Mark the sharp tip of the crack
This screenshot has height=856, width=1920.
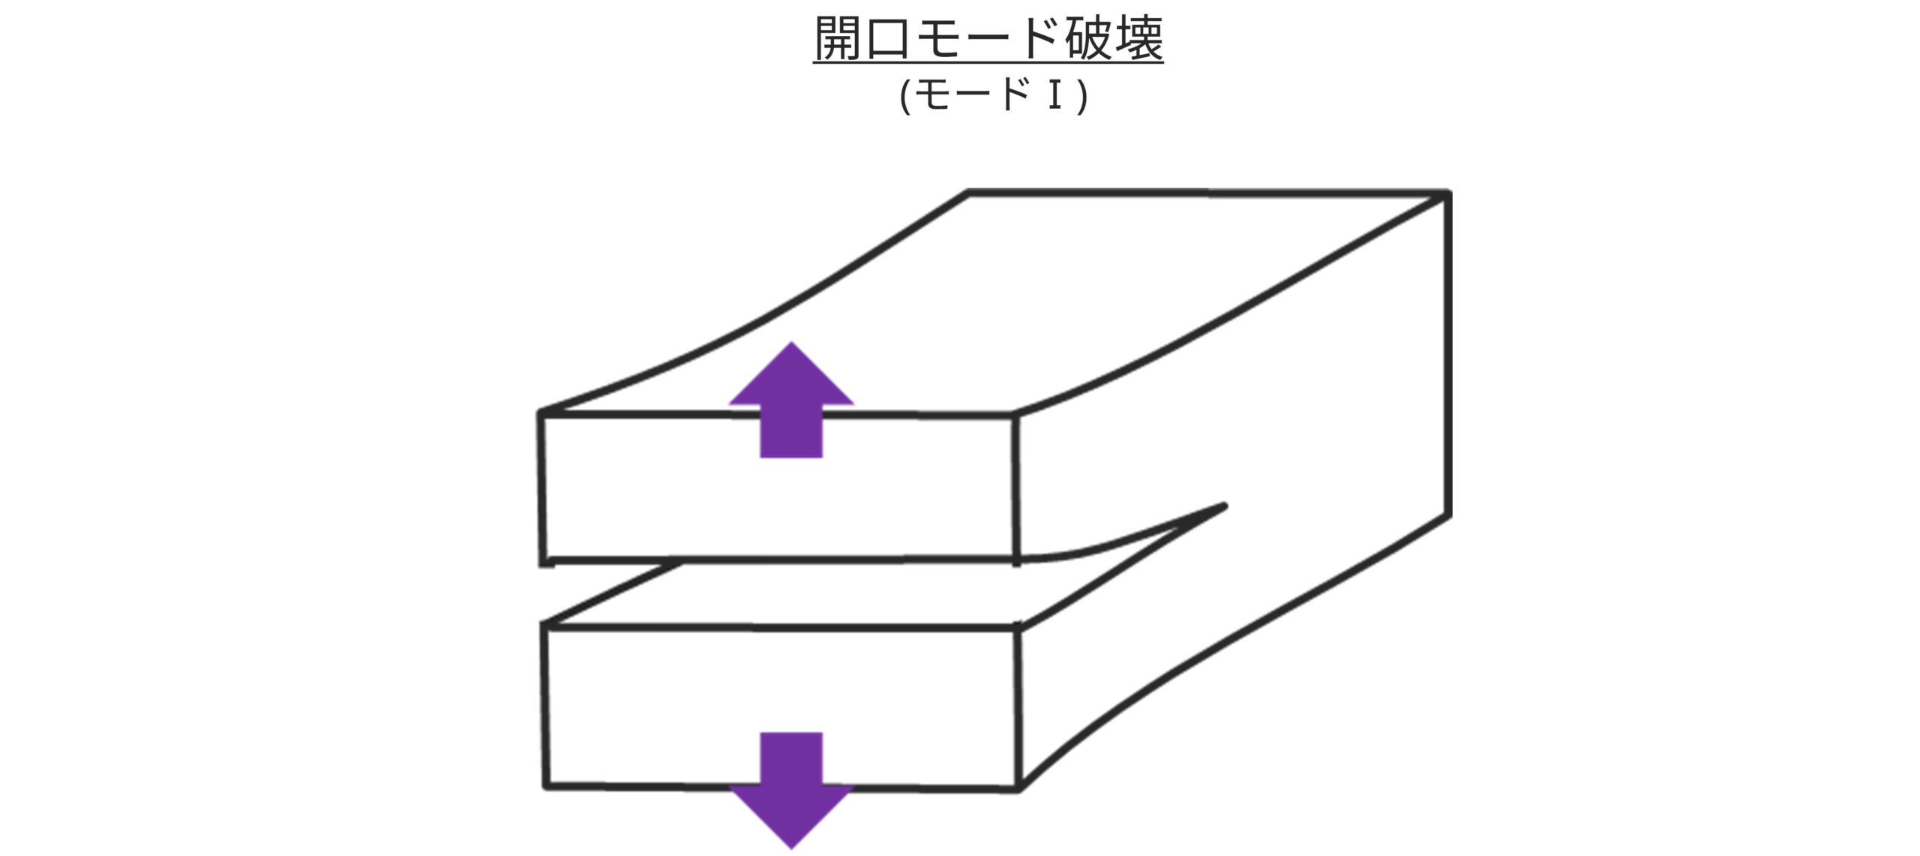tap(1224, 506)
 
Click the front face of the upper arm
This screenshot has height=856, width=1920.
tap(780, 495)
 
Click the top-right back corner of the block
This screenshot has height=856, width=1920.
tap(1447, 194)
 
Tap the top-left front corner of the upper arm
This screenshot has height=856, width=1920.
tap(541, 413)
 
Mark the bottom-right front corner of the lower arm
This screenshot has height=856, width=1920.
tap(1018, 788)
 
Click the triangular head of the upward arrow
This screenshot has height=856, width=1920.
tap(791, 379)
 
